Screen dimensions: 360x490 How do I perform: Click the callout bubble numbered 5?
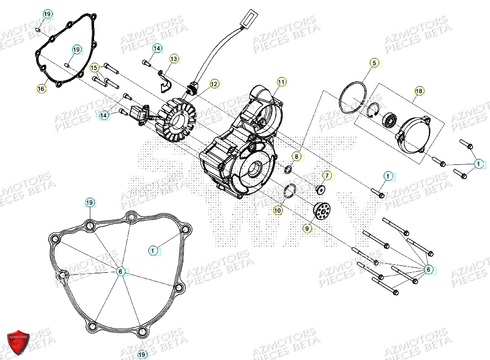[x=374, y=63]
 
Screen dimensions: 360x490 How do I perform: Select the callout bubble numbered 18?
[x=419, y=91]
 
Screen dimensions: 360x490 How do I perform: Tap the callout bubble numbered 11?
[x=281, y=82]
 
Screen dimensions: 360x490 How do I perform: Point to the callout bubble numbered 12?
[x=214, y=84]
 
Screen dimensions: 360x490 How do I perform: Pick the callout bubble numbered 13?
[x=175, y=58]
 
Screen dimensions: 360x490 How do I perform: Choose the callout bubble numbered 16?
[x=41, y=89]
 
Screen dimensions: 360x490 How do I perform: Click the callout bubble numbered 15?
[x=94, y=68]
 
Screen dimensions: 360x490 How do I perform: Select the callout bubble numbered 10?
[x=278, y=211]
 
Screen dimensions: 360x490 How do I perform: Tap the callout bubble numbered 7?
[x=327, y=175]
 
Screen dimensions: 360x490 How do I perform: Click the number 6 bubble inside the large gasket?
[x=121, y=271]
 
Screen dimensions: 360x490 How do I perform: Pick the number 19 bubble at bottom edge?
[x=142, y=354]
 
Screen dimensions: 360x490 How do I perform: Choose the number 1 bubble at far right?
[x=479, y=164]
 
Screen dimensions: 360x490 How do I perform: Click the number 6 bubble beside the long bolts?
[x=428, y=270]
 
